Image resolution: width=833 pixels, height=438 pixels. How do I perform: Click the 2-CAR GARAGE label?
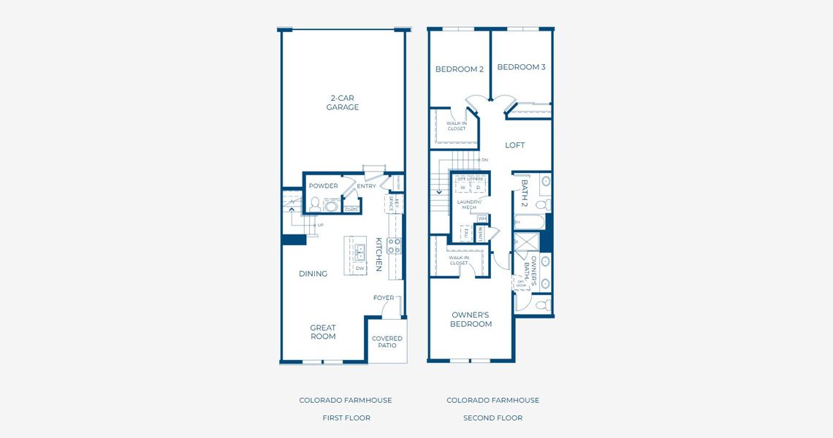[x=342, y=102]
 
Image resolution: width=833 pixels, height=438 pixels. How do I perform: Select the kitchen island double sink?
[x=360, y=253]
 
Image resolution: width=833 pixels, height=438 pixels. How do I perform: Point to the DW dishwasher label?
[x=360, y=269]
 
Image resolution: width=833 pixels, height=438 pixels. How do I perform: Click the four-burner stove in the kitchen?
[x=393, y=245]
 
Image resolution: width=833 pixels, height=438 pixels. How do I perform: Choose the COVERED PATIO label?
[x=387, y=342]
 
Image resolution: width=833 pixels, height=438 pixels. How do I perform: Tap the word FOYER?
[x=383, y=298]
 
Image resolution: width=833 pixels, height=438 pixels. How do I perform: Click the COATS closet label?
[x=351, y=210]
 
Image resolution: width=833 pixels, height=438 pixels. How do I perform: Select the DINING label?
[x=313, y=274]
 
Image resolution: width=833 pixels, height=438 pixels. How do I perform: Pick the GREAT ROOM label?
[x=323, y=332]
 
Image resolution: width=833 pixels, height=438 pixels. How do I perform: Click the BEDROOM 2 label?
[x=460, y=69]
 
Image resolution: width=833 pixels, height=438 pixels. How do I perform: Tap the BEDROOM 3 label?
[x=521, y=67]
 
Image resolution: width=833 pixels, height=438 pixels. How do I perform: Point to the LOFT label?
[x=514, y=145]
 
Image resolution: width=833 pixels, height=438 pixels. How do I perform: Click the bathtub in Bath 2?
[x=528, y=221]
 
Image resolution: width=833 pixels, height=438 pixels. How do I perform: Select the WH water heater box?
[x=482, y=218]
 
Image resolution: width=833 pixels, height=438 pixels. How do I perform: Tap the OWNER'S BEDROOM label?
[x=471, y=319]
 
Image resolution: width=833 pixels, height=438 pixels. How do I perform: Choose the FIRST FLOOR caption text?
[x=346, y=418]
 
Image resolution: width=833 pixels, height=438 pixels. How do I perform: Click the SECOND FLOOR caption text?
[x=492, y=418]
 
